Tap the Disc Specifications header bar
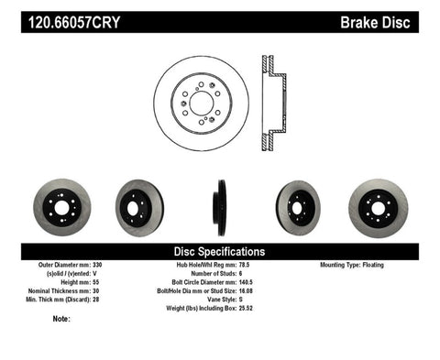(220, 251)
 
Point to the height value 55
(106, 282)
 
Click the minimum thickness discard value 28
(106, 300)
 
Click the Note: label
(62, 319)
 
